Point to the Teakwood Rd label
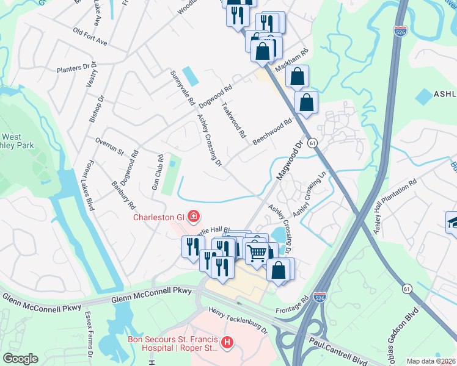[x=234, y=120]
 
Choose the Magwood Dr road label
[x=290, y=160]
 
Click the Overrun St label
[x=109, y=145]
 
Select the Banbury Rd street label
[x=123, y=194]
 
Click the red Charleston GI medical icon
[x=193, y=216]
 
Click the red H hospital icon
[x=228, y=344]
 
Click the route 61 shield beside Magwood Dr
[x=312, y=142]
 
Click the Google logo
[x=20, y=359]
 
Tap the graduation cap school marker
[x=453, y=222]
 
